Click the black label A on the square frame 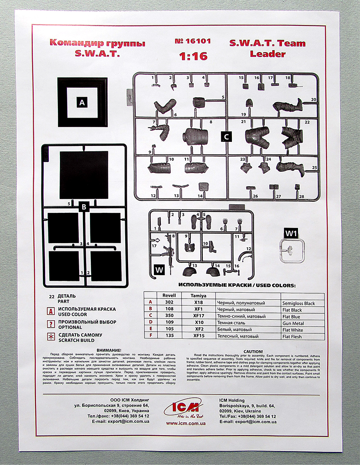click(82, 103)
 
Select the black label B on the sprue click(83, 207)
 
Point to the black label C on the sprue click(226, 137)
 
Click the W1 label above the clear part click(291, 234)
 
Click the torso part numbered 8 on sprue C click(195, 137)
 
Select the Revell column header click(169, 295)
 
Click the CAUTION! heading click(253, 351)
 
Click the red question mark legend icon click(51, 324)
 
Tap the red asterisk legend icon click(51, 337)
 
